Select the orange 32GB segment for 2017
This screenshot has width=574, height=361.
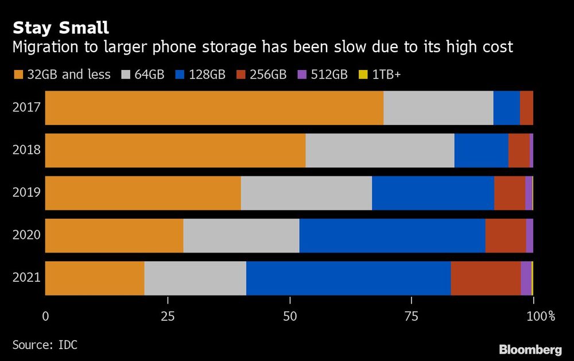point(214,108)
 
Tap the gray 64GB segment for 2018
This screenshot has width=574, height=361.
point(379,150)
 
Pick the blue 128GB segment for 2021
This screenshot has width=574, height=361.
point(348,278)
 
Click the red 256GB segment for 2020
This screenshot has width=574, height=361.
point(506,236)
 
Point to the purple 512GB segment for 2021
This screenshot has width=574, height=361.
point(526,278)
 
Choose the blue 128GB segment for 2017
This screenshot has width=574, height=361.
point(506,108)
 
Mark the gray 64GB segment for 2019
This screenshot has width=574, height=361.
point(306,193)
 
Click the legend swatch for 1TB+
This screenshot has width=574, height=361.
point(361,75)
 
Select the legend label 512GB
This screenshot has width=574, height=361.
point(329,75)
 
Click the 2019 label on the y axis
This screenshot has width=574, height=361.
point(26,193)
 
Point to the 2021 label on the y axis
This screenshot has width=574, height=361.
point(26,278)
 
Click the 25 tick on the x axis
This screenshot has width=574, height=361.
point(168,316)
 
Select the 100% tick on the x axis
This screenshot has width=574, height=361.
point(541,316)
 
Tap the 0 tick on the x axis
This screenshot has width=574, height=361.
point(45,316)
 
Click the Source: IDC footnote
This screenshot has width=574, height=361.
point(45,345)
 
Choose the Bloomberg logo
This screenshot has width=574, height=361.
point(530,350)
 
